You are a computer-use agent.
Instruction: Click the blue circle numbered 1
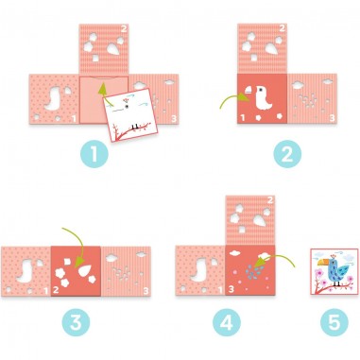pyautogui.click(x=94, y=153)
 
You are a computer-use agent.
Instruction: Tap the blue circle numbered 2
pyautogui.click(x=287, y=153)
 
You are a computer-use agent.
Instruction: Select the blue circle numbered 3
pyautogui.click(x=76, y=322)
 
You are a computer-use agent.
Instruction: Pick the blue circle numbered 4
pyautogui.click(x=227, y=322)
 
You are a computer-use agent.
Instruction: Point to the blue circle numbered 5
pyautogui.click(x=334, y=322)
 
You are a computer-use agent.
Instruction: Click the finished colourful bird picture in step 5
pyautogui.click(x=334, y=271)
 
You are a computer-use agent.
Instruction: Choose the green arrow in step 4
pyautogui.click(x=273, y=260)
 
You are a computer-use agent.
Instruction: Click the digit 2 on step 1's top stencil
pyautogui.click(x=124, y=29)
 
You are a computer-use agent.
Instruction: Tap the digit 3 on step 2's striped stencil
pyautogui.click(x=332, y=118)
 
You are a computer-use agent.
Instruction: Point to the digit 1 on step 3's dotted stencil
pyautogui.click(x=46, y=291)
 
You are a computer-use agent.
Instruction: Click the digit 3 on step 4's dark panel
pyautogui.click(x=231, y=289)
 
